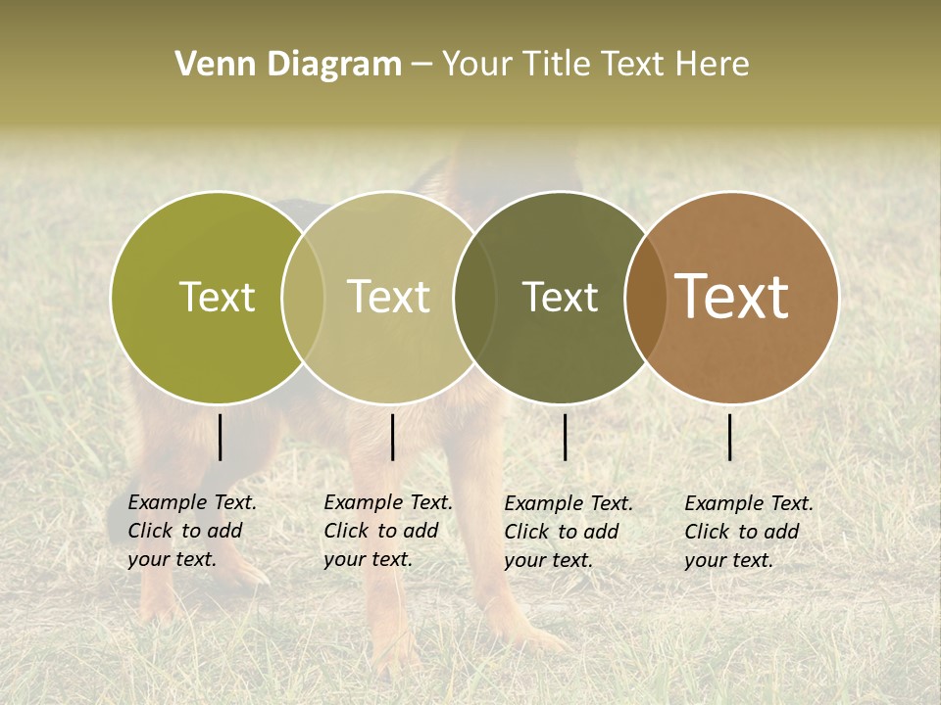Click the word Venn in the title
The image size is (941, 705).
tap(210, 65)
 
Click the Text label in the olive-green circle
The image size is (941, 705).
tap(217, 297)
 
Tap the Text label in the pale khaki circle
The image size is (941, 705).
tap(388, 297)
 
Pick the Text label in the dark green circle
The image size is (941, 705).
tap(560, 297)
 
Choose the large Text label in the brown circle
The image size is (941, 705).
tap(731, 297)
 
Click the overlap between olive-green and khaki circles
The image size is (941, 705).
tap(303, 297)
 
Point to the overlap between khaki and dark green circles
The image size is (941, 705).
tap(474, 297)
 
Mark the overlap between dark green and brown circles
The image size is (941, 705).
tap(646, 297)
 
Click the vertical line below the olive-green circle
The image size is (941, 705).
tap(221, 437)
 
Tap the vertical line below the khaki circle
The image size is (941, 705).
tap(392, 437)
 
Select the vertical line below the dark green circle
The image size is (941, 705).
tap(565, 437)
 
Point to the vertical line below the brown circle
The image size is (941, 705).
tap(730, 437)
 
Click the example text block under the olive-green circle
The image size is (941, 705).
tap(191, 531)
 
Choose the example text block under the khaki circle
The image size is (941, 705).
tap(387, 531)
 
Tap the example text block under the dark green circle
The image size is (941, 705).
tap(568, 532)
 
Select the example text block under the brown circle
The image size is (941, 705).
tap(748, 532)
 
